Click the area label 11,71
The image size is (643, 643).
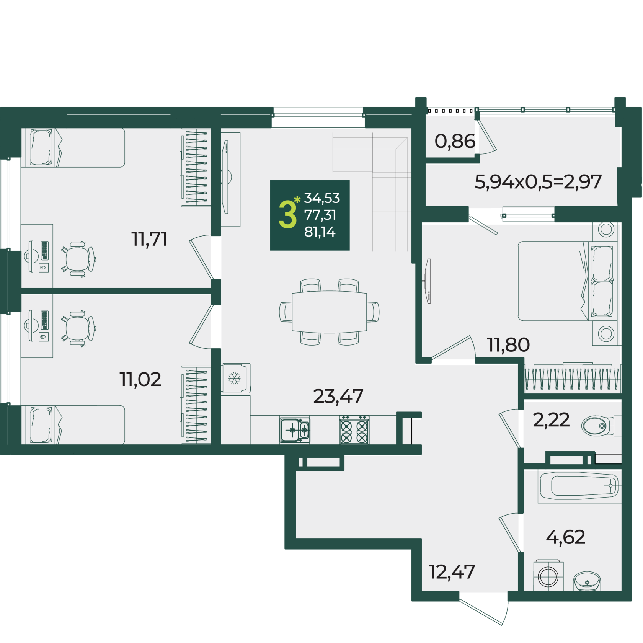pyautogui.click(x=149, y=239)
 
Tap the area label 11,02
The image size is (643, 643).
pyautogui.click(x=140, y=379)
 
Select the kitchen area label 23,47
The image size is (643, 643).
pyautogui.click(x=338, y=396)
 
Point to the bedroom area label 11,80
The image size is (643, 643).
pyautogui.click(x=508, y=345)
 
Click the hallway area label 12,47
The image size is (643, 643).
pyautogui.click(x=452, y=572)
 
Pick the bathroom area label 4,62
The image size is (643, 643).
pyautogui.click(x=566, y=537)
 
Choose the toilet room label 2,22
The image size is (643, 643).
pyautogui.click(x=551, y=420)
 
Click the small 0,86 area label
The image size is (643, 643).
pyautogui.click(x=455, y=141)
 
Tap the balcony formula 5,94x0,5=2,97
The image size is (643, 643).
pyautogui.click(x=538, y=181)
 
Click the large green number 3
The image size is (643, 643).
pyautogui.click(x=288, y=215)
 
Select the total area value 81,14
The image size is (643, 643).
pyautogui.click(x=320, y=232)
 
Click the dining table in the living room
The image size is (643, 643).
pyautogui.click(x=329, y=312)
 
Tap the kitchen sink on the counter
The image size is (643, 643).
pyautogui.click(x=295, y=430)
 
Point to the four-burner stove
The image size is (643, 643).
pyautogui.click(x=354, y=430)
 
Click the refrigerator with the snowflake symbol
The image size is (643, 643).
pyautogui.click(x=236, y=378)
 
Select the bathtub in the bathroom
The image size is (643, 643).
pyautogui.click(x=579, y=486)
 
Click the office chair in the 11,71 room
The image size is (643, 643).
pyautogui.click(x=79, y=259)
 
